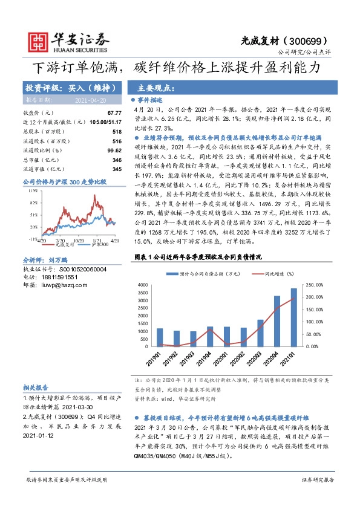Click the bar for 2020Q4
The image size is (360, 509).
(x=277, y=321)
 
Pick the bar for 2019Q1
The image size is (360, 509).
(x=160, y=337)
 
